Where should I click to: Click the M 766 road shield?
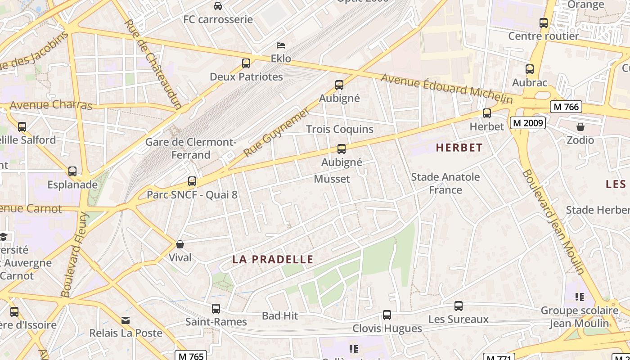(x=566, y=107)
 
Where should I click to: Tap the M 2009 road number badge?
(x=528, y=122)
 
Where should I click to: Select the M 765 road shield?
(x=191, y=356)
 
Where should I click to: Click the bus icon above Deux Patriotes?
(x=246, y=63)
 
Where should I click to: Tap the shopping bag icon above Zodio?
(x=580, y=127)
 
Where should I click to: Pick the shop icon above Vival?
(x=180, y=244)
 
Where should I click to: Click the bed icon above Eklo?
(x=281, y=45)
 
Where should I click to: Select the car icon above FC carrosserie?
(x=218, y=6)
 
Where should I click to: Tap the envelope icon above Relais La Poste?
(x=126, y=320)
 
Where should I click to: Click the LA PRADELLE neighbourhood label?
(x=273, y=259)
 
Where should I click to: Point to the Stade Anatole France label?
(x=445, y=183)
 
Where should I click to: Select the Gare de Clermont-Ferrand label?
(x=191, y=148)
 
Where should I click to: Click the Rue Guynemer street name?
(x=276, y=132)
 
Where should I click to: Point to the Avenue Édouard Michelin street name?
(x=447, y=88)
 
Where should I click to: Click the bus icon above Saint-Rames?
(x=216, y=309)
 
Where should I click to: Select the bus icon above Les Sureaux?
(x=459, y=306)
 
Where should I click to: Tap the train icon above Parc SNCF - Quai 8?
(x=192, y=181)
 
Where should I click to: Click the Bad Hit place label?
(x=280, y=316)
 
